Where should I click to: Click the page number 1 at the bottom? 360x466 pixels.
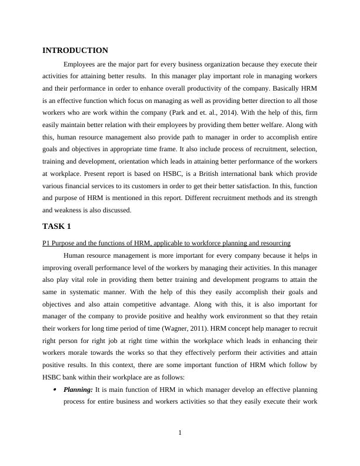[x=180, y=434]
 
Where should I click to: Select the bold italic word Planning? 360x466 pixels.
[x=77, y=390]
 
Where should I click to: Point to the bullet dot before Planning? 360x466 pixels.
[x=55, y=390]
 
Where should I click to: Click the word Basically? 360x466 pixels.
[x=279, y=88]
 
